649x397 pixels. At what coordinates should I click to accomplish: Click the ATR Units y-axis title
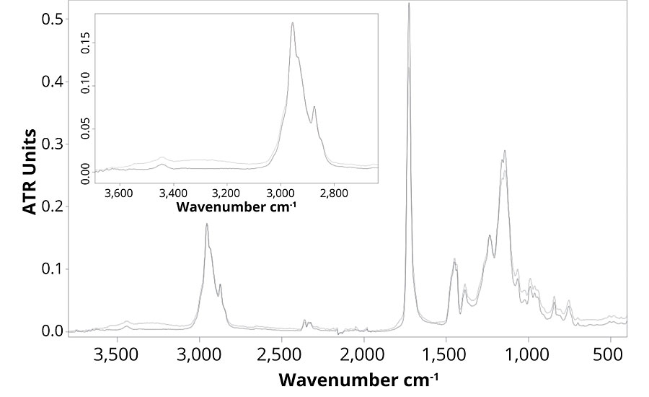coord(30,171)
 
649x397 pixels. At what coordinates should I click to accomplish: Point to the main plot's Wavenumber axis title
coord(359,379)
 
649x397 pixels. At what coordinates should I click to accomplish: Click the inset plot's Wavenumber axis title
coord(237,207)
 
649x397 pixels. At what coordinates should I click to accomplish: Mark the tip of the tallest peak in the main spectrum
coord(409,4)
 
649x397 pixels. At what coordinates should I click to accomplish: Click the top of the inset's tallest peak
coord(293,22)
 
